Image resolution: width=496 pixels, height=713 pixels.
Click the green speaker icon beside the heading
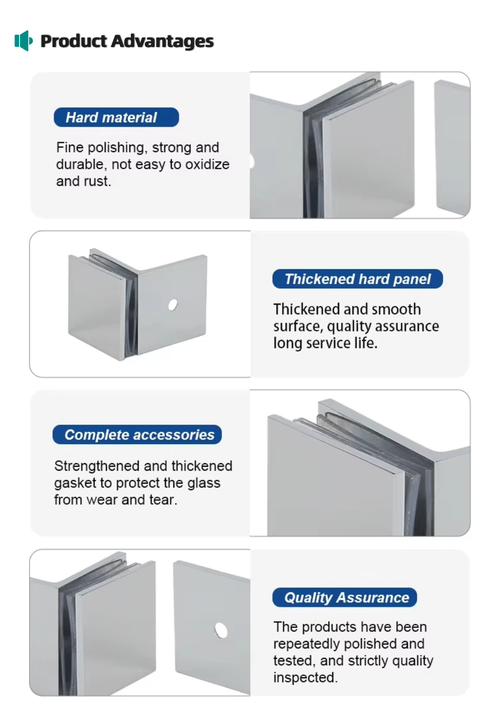point(24,41)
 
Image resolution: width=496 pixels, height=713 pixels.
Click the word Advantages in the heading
point(162,42)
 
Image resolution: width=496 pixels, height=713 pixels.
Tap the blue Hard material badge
point(116,117)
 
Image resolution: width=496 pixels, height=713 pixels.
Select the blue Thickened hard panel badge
point(357,279)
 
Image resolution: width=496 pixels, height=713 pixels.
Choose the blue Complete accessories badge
point(137,435)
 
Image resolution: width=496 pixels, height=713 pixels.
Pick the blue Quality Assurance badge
point(345,597)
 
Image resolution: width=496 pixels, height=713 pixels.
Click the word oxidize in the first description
point(207,164)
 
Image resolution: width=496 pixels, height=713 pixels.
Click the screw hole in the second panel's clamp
point(173,304)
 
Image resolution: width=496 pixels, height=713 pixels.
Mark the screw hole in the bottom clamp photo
point(221,630)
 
